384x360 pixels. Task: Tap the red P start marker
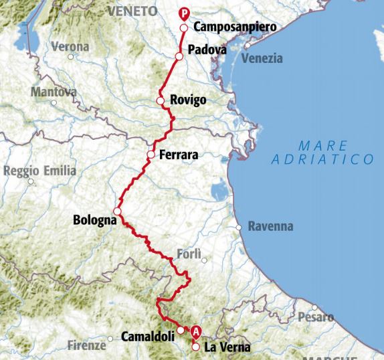pos(185,11)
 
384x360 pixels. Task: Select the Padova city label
pos(207,50)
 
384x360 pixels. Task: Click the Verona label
pos(70,48)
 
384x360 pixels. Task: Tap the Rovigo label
pos(189,100)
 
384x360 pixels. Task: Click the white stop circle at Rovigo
pos(161,101)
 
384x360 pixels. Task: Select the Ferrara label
pos(179,155)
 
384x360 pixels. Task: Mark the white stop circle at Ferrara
pos(151,155)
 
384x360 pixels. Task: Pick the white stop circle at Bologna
pos(117,211)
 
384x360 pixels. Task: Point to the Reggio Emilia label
pos(39,171)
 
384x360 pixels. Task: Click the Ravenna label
pos(270,226)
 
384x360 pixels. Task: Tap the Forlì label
pos(189,254)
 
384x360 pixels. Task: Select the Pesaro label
pos(315,317)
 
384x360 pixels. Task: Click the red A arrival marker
pos(195,331)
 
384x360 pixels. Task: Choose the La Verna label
pos(227,347)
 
